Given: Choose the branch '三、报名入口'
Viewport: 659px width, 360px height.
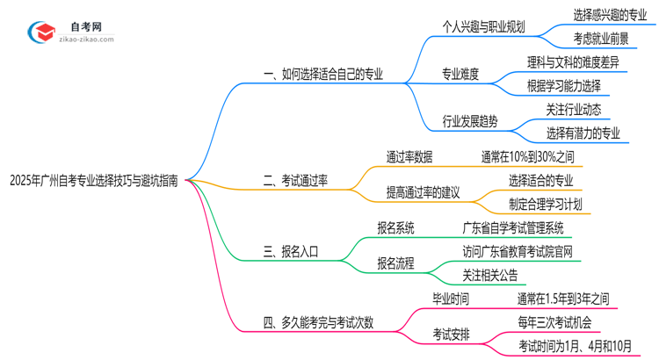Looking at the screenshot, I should (292, 251).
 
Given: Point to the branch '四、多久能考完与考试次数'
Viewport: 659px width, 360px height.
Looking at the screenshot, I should (318, 322).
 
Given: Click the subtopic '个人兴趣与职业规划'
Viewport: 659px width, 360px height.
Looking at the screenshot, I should (483, 26).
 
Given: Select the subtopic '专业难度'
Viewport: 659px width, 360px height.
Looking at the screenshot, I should (460, 74).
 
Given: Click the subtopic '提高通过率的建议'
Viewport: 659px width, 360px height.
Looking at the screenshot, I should (424, 192).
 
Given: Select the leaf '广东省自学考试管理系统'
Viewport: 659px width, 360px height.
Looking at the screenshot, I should (513, 227).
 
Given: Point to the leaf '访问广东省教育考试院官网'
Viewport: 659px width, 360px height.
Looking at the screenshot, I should (518, 251).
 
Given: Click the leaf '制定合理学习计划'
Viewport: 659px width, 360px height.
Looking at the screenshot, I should (545, 204).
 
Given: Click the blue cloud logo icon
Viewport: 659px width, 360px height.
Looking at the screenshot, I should (41, 32).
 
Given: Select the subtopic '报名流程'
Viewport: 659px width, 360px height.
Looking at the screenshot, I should (396, 263).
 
